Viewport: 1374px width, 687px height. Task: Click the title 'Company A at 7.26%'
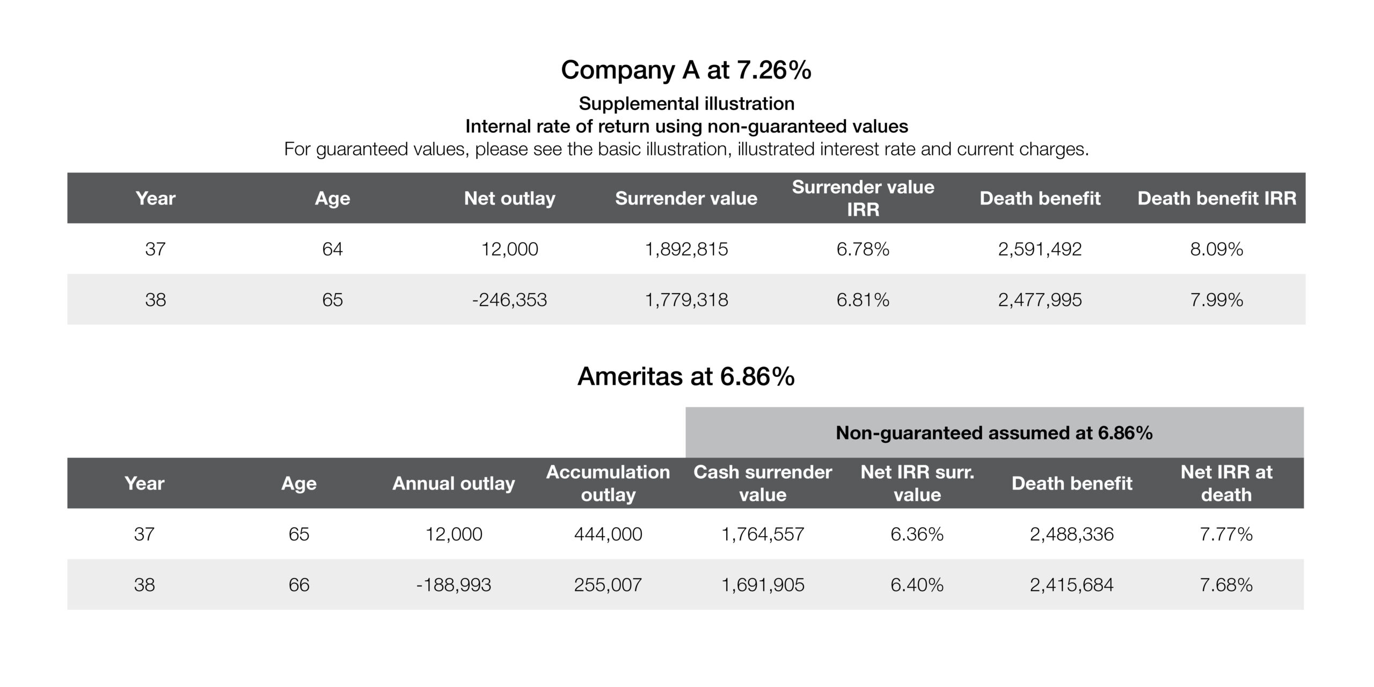(x=686, y=70)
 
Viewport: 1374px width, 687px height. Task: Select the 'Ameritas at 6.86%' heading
(x=686, y=376)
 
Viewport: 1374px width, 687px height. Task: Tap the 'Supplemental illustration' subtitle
(x=686, y=104)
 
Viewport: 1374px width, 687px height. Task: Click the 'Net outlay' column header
(x=509, y=198)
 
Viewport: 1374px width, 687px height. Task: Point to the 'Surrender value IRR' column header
(x=863, y=198)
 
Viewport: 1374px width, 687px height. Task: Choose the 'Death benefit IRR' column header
(x=1217, y=198)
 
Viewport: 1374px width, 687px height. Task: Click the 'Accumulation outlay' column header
(x=608, y=483)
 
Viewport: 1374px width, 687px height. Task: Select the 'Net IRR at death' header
(x=1226, y=483)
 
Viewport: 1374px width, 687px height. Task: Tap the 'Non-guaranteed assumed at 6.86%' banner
(x=994, y=433)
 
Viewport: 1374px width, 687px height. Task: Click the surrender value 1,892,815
(x=686, y=249)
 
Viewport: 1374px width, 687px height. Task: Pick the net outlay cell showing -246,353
(x=509, y=299)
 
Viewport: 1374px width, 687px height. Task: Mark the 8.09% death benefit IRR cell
(x=1217, y=249)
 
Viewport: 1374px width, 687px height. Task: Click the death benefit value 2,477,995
(x=1040, y=299)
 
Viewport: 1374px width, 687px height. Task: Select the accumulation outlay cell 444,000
(x=608, y=534)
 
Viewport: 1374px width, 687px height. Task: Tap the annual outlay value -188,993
(x=454, y=584)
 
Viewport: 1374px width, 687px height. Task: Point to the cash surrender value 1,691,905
(x=763, y=584)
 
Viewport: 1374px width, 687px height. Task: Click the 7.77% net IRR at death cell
(x=1226, y=534)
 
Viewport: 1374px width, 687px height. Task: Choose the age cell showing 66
(x=299, y=584)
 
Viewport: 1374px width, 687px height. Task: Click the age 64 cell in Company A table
(x=332, y=249)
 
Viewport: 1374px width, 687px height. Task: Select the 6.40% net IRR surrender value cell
(x=917, y=584)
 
